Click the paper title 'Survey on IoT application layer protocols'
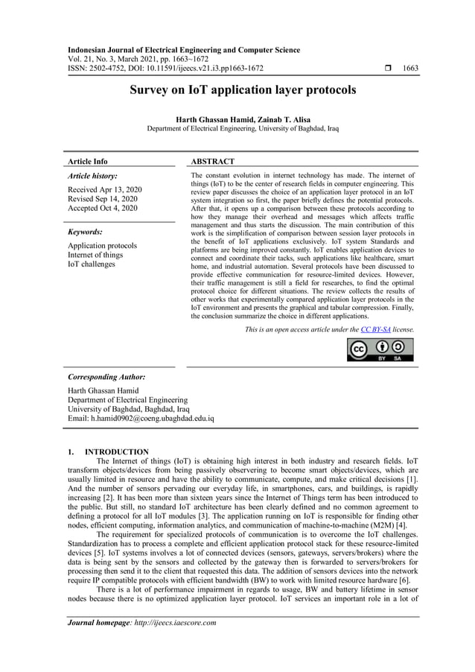[x=243, y=91]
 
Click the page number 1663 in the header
[x=410, y=69]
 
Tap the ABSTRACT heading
[x=213, y=161]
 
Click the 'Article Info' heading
[x=88, y=161]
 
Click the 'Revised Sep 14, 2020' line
[x=103, y=199]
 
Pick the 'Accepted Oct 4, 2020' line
[x=103, y=209]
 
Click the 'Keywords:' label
[x=85, y=232]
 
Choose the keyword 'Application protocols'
[x=102, y=245]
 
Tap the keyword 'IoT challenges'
[x=92, y=264]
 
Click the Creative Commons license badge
[x=380, y=349]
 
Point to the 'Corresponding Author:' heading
[x=106, y=377]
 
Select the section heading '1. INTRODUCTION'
[x=108, y=451]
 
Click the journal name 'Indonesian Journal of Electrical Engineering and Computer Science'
[x=184, y=50]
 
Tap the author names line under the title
[x=243, y=119]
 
